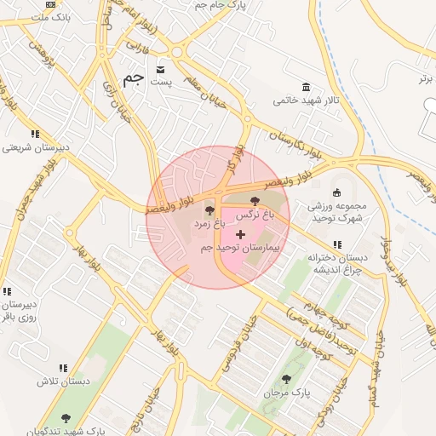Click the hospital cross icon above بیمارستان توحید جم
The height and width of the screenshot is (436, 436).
coord(240,233)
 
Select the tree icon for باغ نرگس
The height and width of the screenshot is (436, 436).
coord(255,201)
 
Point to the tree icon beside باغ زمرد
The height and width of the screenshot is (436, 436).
coord(209,209)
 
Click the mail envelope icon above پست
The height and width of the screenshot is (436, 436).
coord(161,68)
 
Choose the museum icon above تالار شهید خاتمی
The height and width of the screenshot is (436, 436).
coord(306,87)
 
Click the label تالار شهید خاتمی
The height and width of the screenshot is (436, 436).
coord(307,100)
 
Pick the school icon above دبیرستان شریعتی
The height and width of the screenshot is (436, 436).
coord(35,134)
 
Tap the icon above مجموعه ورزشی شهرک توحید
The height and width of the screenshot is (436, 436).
coord(336,192)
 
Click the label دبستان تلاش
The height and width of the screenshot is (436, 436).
coord(63,381)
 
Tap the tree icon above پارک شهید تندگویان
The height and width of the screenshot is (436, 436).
coord(66,418)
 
